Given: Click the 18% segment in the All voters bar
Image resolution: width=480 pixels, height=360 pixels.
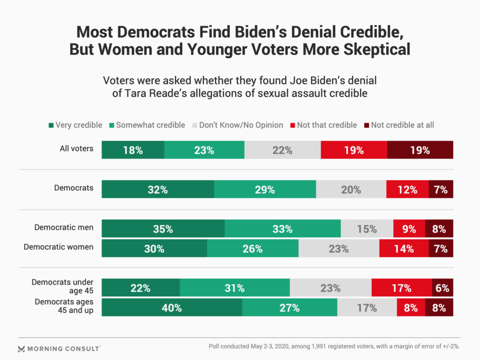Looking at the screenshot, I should coord(133,150).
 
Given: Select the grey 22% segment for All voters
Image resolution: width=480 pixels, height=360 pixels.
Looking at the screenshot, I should coord(282,150).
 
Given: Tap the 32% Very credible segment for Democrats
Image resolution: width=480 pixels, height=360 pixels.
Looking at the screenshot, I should coord(158,190).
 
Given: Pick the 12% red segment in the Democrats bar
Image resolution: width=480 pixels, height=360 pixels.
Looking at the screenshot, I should coord(407,190).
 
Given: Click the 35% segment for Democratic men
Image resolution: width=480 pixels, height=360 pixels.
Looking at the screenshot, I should coord(163,229).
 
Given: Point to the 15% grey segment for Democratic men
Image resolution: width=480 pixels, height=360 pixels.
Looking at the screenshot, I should coord(367,229).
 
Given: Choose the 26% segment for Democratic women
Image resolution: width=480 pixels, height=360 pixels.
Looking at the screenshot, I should coord(253,249).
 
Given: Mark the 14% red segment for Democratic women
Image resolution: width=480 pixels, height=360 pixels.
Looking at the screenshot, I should coord(404,249).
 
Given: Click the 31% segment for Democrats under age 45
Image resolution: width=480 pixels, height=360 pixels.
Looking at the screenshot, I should coord(234,288).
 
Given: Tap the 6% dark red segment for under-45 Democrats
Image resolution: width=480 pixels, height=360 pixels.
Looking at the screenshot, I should coord(442,288).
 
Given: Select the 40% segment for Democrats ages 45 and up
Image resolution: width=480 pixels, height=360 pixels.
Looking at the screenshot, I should coord(172,308).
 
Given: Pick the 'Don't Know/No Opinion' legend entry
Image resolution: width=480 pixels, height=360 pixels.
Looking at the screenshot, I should coord(237,125).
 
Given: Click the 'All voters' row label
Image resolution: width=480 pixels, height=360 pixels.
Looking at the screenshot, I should coord(77,149).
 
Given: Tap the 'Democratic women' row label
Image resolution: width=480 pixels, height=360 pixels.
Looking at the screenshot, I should coord(59,247).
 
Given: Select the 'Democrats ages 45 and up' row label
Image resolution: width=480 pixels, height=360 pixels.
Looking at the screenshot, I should coord(64,306).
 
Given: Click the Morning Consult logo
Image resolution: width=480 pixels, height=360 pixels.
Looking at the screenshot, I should coord(59,349).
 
